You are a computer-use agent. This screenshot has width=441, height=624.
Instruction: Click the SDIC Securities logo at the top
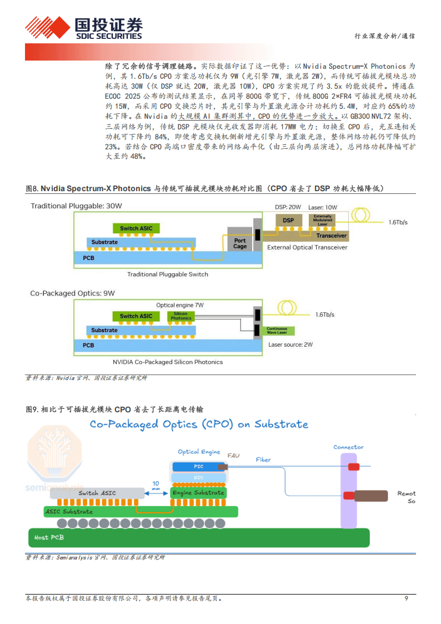[x=83, y=28]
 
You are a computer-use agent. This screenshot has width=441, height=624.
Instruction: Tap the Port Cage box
[x=240, y=243]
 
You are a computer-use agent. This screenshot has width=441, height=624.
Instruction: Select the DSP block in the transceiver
[x=288, y=221]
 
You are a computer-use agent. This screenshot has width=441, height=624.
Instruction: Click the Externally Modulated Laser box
[x=323, y=220]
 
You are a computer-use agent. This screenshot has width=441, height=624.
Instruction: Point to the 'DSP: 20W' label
[x=288, y=207]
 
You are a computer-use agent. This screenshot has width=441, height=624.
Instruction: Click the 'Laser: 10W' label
[x=322, y=207]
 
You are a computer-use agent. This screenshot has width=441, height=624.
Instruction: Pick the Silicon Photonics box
[x=181, y=316]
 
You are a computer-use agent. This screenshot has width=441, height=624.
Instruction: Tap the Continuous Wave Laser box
[x=277, y=331]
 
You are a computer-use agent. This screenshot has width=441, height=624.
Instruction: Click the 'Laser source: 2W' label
[x=290, y=345]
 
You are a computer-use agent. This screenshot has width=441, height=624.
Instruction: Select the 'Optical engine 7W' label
[x=180, y=305]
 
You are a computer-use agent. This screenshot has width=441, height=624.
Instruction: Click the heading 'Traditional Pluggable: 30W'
[x=76, y=206]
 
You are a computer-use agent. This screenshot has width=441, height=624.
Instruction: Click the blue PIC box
[x=198, y=466]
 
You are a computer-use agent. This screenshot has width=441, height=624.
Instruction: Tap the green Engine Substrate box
[x=198, y=492]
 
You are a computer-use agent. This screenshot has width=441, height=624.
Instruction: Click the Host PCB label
[x=49, y=537]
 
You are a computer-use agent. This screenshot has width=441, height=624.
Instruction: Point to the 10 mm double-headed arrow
[x=156, y=493]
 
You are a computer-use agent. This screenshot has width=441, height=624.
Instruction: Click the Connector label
[x=348, y=447]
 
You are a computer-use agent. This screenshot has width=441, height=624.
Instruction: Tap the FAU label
[x=233, y=456]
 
